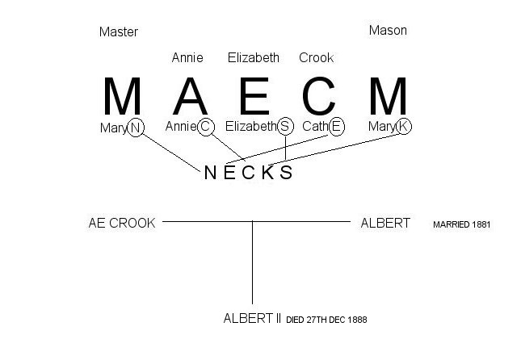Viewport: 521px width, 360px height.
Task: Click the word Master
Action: (x=119, y=32)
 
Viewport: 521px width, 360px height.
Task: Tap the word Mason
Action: (x=388, y=31)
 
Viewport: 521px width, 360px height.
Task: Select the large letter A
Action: (x=191, y=97)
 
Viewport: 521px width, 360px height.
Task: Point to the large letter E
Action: (x=254, y=97)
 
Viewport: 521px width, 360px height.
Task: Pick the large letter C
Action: (x=318, y=97)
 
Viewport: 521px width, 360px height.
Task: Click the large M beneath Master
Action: (x=123, y=97)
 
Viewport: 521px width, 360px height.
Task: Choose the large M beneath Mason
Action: (x=389, y=97)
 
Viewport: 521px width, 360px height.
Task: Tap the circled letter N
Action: (x=136, y=127)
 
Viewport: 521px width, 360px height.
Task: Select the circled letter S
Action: (x=285, y=127)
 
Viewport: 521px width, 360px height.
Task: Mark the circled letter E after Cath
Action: (x=336, y=126)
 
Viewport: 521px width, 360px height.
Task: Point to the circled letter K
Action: (x=403, y=127)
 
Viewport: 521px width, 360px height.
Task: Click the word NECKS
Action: (x=248, y=173)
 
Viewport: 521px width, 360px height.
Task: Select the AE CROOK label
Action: (x=121, y=223)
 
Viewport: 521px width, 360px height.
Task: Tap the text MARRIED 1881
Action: (x=461, y=224)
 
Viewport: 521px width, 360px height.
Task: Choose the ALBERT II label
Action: (x=251, y=319)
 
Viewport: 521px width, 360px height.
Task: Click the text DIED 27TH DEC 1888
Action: (x=326, y=320)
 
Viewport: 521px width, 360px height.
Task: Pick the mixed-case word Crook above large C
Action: (x=316, y=57)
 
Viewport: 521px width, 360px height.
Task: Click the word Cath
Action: (x=314, y=127)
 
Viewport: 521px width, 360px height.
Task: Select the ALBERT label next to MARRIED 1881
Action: (x=385, y=223)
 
